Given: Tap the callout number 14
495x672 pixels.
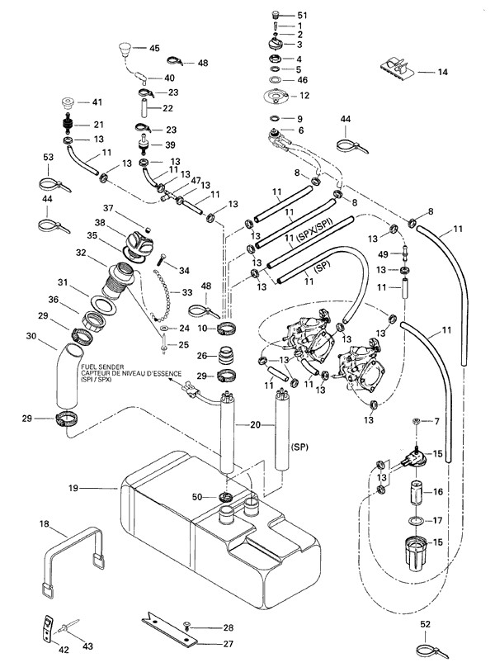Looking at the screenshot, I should pos(443,73).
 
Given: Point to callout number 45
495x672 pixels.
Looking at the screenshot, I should pos(154,49).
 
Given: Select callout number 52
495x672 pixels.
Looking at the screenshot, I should pos(425,623).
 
